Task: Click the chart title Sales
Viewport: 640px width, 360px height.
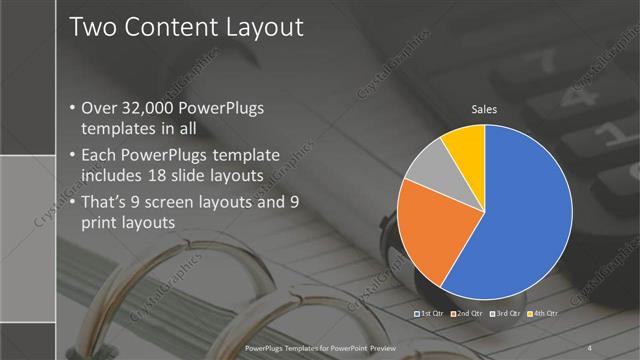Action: click(484, 109)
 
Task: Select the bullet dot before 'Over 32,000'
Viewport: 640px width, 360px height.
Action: click(72, 108)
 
